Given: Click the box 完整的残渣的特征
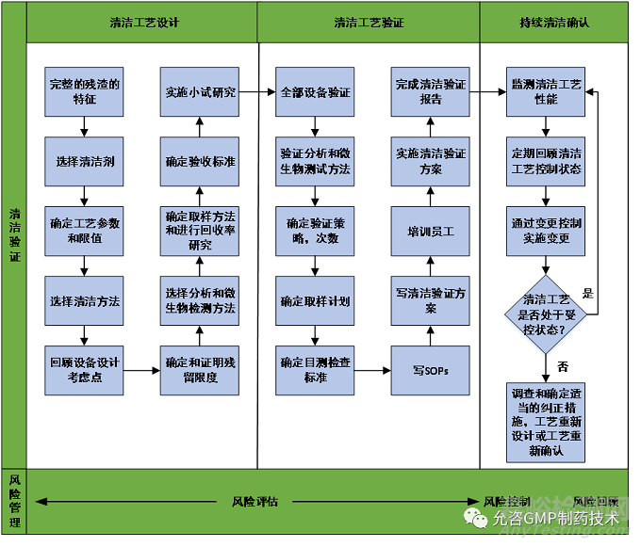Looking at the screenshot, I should tap(85, 90).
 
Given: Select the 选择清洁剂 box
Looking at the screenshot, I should tap(85, 161).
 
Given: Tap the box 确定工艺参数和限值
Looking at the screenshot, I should tap(85, 231).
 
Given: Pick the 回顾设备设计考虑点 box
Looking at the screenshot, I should tap(85, 370).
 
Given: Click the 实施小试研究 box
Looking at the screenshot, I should tap(199, 91).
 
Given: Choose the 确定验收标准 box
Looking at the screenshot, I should tap(199, 161).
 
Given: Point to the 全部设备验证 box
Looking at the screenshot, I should tap(315, 91).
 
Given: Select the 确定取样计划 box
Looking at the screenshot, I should tap(315, 301).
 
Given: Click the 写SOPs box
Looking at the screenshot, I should tap(430, 370).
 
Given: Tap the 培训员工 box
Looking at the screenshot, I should tap(430, 231).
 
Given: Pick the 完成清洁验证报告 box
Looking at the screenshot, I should tap(430, 90).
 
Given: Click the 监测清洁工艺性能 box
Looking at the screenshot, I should tap(545, 90).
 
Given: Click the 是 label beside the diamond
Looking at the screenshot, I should tap(588, 294).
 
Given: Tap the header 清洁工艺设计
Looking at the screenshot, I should tap(142, 23).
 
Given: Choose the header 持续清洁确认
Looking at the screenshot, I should tap(554, 23).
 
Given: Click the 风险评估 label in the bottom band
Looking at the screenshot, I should tap(255, 501).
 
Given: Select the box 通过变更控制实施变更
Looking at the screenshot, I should tap(545, 231).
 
